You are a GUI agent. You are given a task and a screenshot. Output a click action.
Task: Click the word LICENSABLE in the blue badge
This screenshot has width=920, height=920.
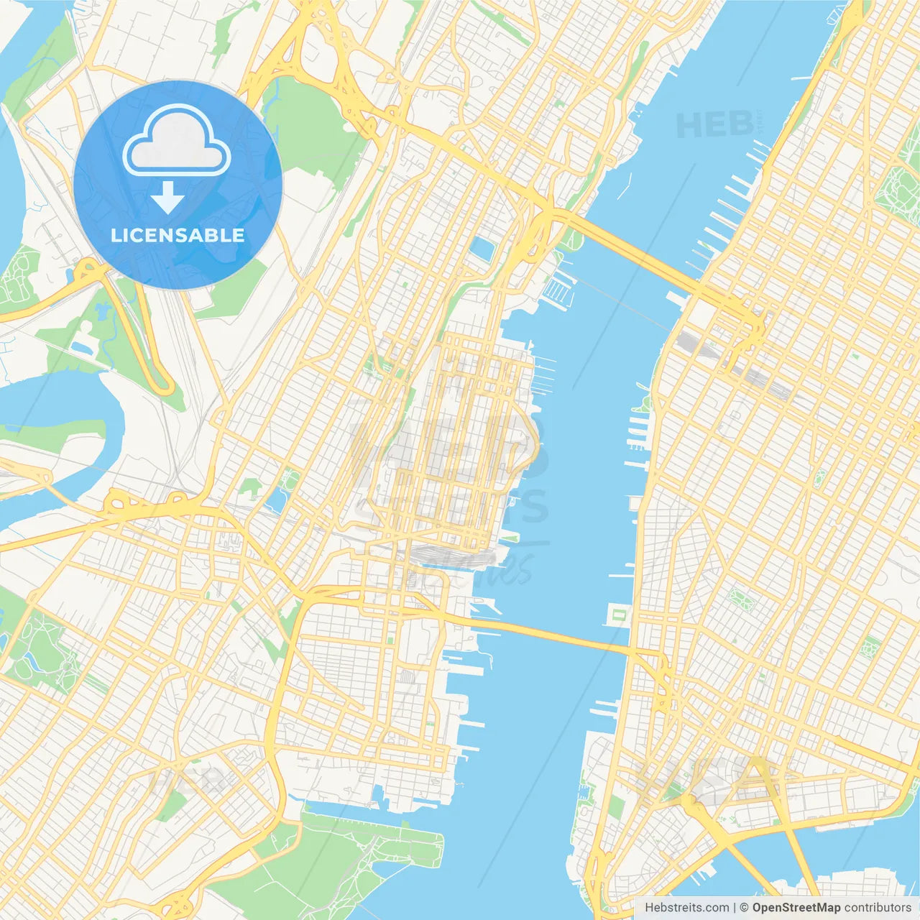(x=178, y=236)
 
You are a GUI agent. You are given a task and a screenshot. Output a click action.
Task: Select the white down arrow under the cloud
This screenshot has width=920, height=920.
(x=167, y=197)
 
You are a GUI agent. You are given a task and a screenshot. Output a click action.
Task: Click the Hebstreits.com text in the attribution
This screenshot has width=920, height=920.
(x=686, y=908)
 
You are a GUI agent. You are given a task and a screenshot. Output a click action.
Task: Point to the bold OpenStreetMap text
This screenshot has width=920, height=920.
(x=796, y=908)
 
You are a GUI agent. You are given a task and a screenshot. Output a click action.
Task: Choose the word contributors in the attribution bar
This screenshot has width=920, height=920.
(x=878, y=908)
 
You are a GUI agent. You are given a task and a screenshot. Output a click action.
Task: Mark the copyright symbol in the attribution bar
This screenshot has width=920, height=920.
(x=744, y=908)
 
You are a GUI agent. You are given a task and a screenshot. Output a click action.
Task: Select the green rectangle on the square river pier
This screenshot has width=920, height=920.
(x=619, y=615)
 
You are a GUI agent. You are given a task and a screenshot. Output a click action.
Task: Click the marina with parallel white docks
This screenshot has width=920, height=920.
(x=558, y=290)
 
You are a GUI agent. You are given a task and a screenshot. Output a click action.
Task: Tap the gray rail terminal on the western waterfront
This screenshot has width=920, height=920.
(x=449, y=557)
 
